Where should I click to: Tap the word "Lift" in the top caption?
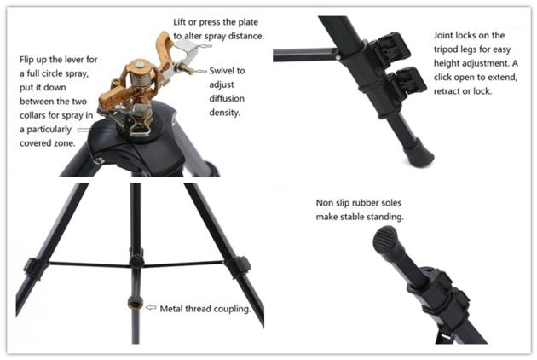[179, 22]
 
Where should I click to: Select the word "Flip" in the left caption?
[26, 60]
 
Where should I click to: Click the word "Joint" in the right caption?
[443, 35]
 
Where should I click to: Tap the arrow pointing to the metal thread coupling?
[151, 308]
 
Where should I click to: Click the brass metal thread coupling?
[136, 302]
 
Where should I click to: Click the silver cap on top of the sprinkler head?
[140, 65]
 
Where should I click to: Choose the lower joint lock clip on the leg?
[408, 82]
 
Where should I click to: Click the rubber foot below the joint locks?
[419, 154]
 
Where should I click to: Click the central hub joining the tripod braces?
[136, 261]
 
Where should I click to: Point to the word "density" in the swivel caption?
[224, 113]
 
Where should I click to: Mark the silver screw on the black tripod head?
[100, 160]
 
